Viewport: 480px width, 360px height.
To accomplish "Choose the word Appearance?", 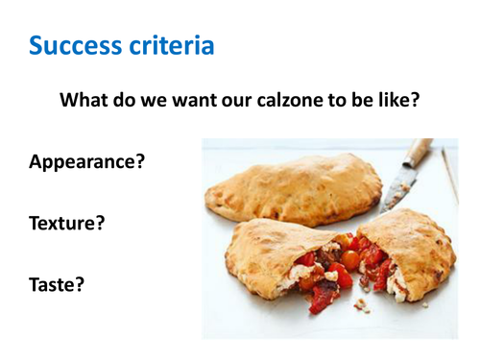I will tap(87, 161).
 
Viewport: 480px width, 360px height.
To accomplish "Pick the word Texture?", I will tap(66, 223).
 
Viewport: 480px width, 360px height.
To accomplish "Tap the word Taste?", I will tap(56, 285).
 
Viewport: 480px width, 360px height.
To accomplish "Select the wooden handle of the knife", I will tap(420, 153).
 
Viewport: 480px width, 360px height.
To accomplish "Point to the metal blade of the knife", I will tap(395, 193).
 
